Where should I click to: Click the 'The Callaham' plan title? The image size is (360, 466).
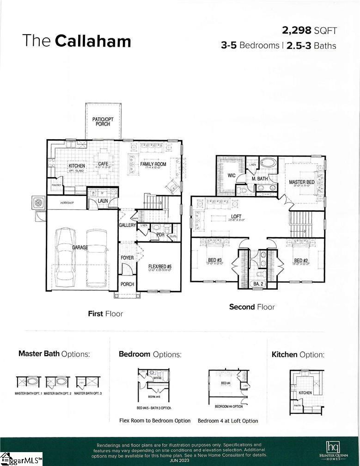[77, 41]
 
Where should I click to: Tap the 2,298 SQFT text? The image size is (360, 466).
[309, 31]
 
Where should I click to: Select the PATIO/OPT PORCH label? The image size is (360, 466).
[103, 122]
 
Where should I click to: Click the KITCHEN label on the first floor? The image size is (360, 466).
[77, 166]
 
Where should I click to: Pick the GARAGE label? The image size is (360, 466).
[79, 248]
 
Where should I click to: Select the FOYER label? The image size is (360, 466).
[127, 258]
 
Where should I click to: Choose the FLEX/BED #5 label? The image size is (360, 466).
[160, 267]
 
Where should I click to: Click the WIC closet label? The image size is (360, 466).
[232, 176]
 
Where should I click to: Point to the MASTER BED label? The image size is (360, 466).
[301, 182]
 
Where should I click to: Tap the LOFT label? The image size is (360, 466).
[236, 216]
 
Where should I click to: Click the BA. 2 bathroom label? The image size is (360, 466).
[258, 283]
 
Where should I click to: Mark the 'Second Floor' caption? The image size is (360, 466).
[252, 307]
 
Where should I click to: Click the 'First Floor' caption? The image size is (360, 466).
[105, 313]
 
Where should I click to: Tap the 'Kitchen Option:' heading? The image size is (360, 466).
[298, 355]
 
